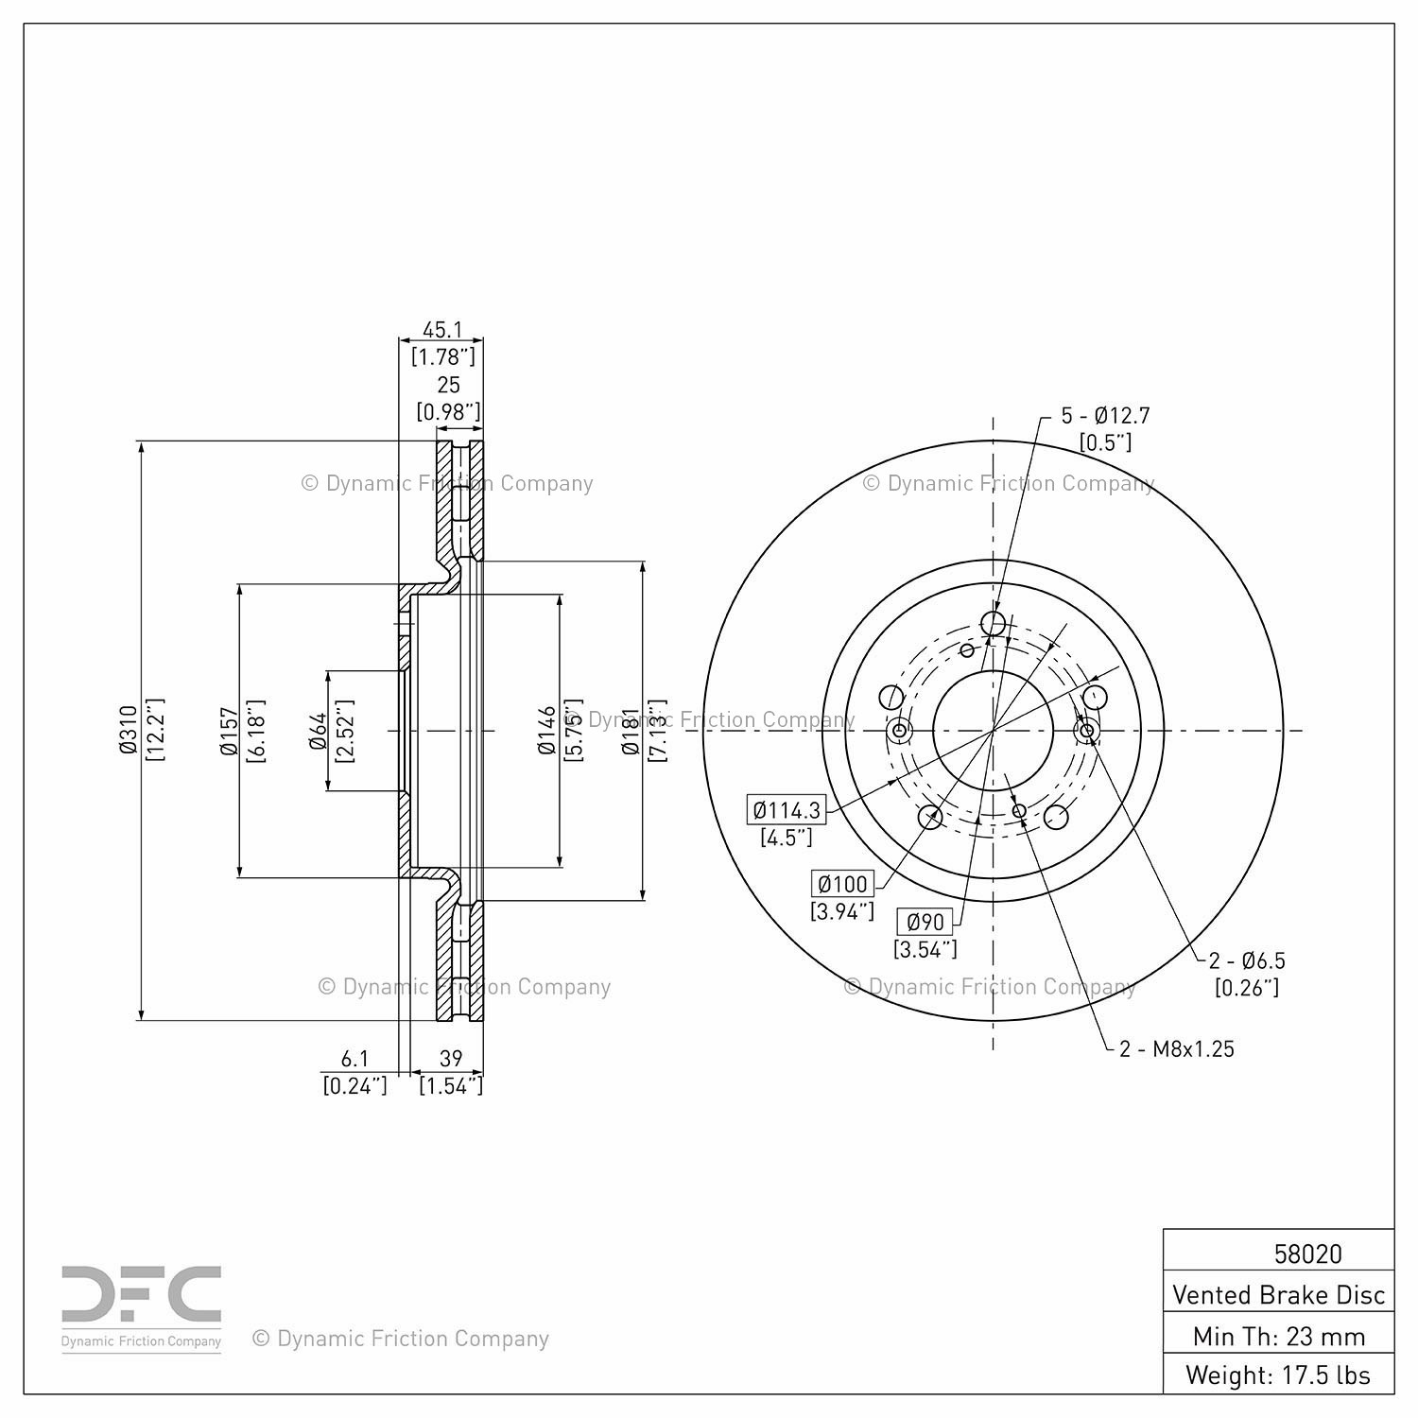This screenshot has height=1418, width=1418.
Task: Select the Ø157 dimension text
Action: point(228,732)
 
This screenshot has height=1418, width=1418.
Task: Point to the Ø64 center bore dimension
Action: point(318,731)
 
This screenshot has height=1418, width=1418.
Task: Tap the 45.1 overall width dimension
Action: point(441,330)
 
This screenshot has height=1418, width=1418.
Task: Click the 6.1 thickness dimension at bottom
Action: point(354,1059)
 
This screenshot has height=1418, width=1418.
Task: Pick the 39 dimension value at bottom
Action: point(451,1059)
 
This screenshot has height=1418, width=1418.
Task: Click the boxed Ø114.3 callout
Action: point(786,809)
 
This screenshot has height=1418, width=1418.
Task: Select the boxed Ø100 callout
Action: point(842,884)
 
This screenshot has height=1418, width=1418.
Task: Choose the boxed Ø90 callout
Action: point(925,922)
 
